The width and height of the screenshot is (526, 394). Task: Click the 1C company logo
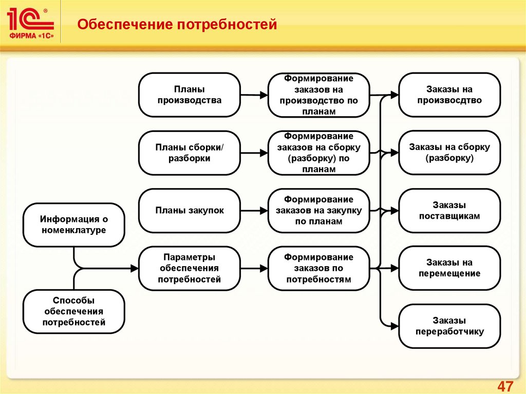tap(30, 24)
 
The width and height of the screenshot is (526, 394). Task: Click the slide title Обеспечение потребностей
tap(177, 24)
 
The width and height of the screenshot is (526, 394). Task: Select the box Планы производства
tap(189, 95)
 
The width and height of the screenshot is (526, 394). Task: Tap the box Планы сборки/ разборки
tap(189, 153)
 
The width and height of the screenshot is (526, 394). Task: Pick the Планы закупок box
tap(189, 210)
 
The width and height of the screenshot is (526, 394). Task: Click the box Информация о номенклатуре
tap(74, 224)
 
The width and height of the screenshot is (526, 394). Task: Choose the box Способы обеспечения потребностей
tap(74, 311)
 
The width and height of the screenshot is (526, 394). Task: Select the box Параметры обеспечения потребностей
tap(189, 268)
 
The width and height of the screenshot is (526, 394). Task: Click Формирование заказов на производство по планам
tap(318, 95)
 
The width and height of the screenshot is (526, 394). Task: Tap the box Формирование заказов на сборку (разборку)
tap(318, 153)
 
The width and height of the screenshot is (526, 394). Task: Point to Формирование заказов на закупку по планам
tap(318, 210)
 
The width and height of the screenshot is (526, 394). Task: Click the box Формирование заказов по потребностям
tap(318, 268)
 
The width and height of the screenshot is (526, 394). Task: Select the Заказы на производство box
tap(449, 95)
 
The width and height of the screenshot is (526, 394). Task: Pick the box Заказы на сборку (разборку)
tap(449, 153)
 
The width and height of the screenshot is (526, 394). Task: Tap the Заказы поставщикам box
tap(449, 210)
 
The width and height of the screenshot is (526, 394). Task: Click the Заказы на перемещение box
tap(449, 268)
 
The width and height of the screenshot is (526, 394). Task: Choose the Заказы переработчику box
tap(449, 326)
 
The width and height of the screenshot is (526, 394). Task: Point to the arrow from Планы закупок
tap(254, 210)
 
